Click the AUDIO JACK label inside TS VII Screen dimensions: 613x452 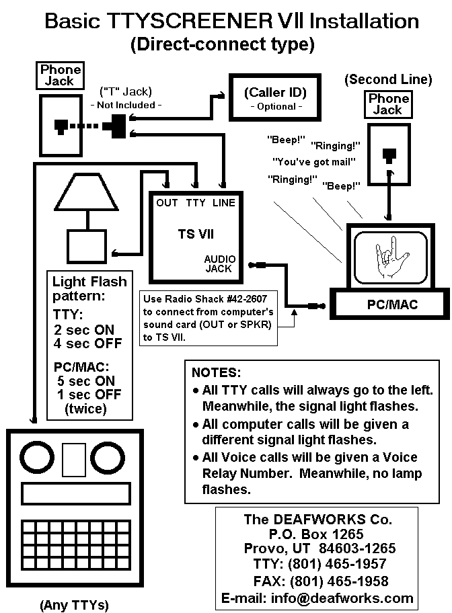[x=219, y=263]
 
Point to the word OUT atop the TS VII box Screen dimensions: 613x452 [x=167, y=203]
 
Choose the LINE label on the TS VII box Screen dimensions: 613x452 [x=224, y=203]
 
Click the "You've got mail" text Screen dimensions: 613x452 [x=313, y=162]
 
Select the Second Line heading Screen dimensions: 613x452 [x=388, y=79]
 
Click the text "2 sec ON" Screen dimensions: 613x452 [x=84, y=330]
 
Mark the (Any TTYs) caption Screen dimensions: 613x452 [x=74, y=605]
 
